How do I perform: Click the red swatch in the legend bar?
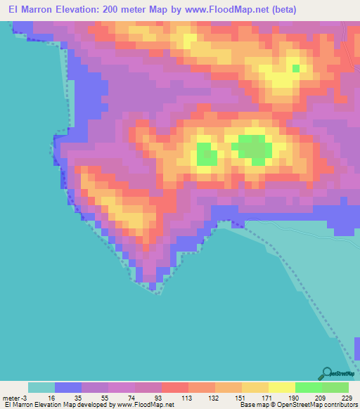[x=174, y=387]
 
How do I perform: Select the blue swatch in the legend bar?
[x=68, y=387]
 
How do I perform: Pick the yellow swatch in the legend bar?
[x=281, y=387]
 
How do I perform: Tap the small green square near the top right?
[x=295, y=68]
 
